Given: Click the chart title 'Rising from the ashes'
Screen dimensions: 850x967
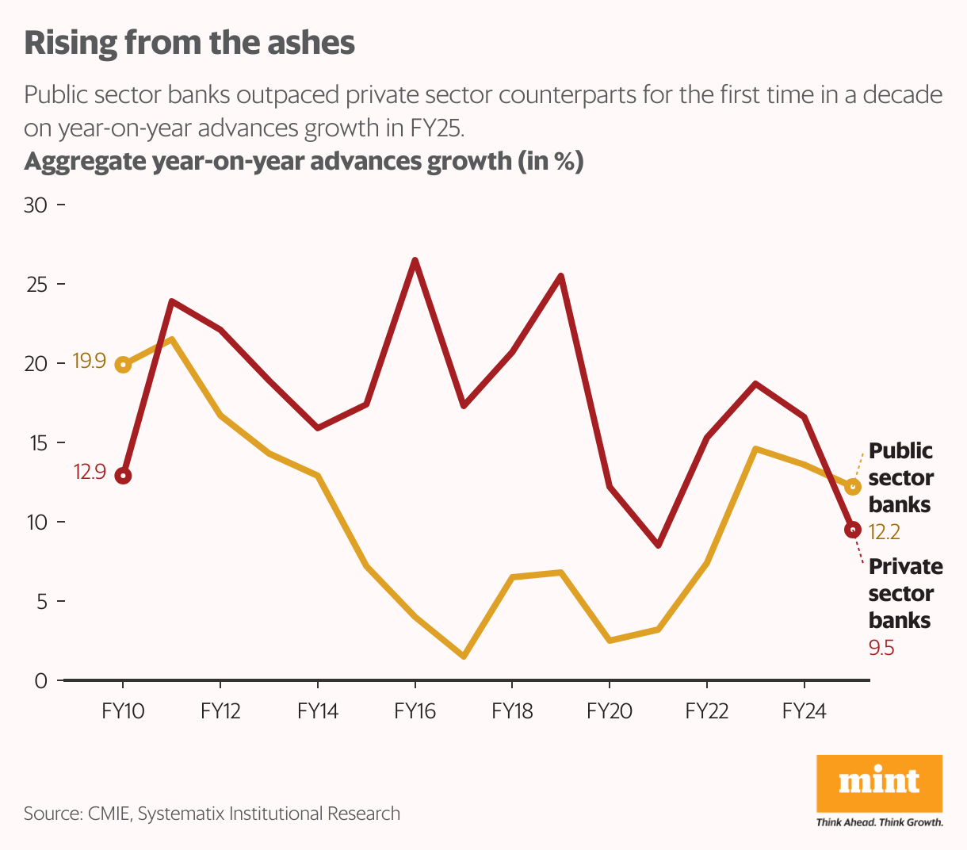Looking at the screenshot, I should [189, 43].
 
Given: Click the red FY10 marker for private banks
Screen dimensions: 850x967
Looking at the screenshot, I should [123, 476].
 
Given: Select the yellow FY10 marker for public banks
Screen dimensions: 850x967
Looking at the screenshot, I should [123, 365].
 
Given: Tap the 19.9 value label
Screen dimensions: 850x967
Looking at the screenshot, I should [89, 362].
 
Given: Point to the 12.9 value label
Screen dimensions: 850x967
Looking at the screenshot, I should [90, 473].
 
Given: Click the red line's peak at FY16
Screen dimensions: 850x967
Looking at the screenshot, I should [415, 260].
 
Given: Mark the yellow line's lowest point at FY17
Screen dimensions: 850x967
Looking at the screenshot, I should [464, 657].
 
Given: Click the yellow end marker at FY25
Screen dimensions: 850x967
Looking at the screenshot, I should [853, 487].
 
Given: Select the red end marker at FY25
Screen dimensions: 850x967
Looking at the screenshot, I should [853, 530].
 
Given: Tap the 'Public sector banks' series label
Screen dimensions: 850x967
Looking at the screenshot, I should [900, 477].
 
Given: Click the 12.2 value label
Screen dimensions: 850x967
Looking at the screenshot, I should [885, 532].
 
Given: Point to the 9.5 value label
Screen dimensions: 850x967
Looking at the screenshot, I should [881, 648].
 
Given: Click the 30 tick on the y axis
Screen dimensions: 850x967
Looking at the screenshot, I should [36, 205].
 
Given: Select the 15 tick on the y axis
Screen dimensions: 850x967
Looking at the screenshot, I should [36, 443].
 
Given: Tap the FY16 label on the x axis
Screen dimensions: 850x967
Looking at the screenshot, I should [415, 711].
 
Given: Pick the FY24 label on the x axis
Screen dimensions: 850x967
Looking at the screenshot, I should [804, 711].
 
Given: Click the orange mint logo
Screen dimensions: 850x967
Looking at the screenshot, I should [879, 783].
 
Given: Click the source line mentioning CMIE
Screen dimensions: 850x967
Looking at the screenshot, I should [212, 814].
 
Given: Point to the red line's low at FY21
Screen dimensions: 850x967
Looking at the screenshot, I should [658, 546].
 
